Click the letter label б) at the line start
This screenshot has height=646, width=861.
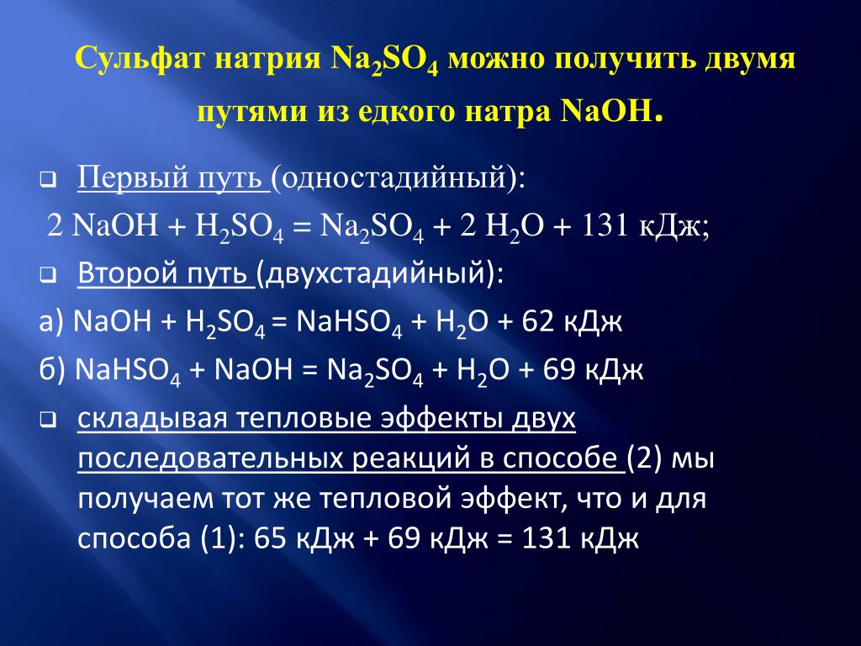click(x=52, y=370)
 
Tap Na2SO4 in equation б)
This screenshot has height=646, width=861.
click(x=375, y=372)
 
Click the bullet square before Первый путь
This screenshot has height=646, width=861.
click(x=48, y=180)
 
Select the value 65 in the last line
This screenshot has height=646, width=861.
click(x=271, y=538)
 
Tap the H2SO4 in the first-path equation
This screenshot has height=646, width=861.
click(x=240, y=227)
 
